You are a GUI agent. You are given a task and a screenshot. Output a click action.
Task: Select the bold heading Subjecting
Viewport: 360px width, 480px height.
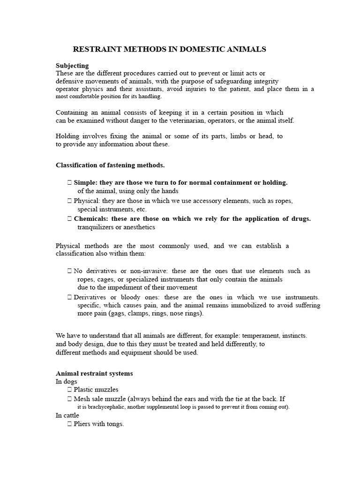click(x=72, y=66)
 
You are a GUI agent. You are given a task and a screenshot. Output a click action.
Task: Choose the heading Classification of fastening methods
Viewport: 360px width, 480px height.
click(x=110, y=165)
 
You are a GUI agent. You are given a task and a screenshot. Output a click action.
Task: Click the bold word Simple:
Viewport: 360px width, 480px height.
click(x=86, y=182)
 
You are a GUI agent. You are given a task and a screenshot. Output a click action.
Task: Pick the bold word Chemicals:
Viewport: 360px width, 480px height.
click(x=91, y=218)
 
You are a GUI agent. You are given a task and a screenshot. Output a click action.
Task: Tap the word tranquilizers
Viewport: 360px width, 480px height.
click(x=96, y=227)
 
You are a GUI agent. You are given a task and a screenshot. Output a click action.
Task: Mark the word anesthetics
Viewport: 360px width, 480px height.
click(x=139, y=227)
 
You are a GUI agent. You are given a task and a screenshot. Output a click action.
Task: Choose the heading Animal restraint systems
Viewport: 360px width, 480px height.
click(x=94, y=374)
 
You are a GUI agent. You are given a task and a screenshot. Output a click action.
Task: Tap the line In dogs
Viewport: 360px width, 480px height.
click(x=67, y=382)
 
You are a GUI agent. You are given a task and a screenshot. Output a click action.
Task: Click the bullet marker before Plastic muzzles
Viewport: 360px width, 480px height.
click(x=69, y=390)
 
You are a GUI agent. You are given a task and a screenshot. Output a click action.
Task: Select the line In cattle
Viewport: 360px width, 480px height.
click(x=67, y=415)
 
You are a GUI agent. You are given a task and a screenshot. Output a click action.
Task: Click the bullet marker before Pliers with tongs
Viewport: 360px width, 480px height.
click(x=69, y=424)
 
